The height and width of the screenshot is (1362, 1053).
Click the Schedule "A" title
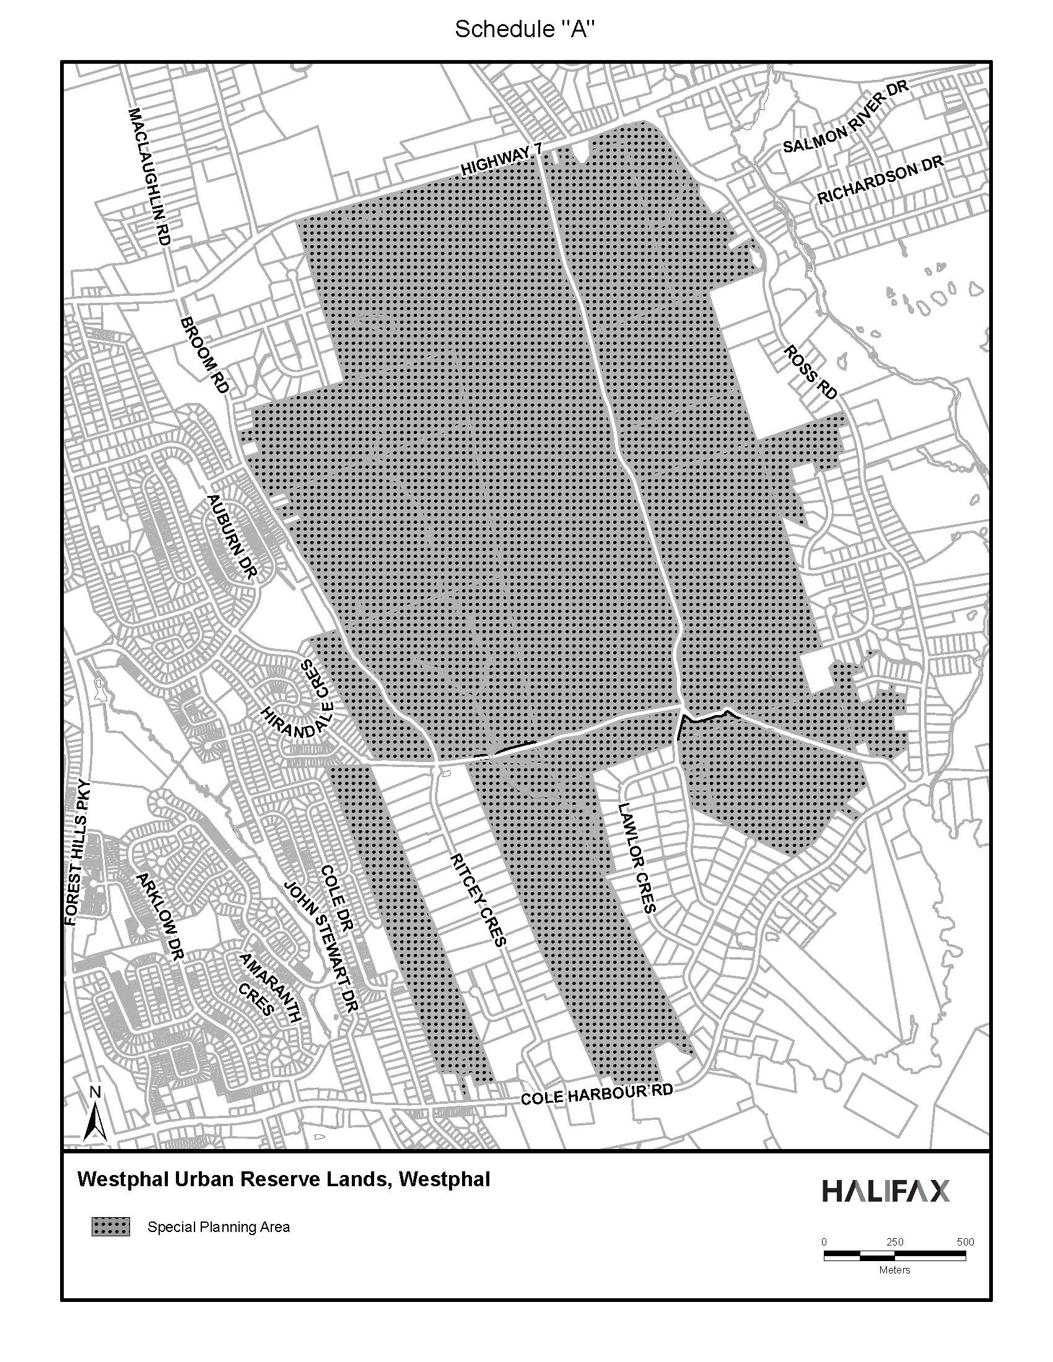coord(522,30)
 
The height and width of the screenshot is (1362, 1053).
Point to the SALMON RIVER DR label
coord(845,118)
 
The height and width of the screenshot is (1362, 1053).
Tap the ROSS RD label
coord(810,372)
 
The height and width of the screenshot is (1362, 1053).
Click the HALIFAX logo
coord(886,1191)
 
